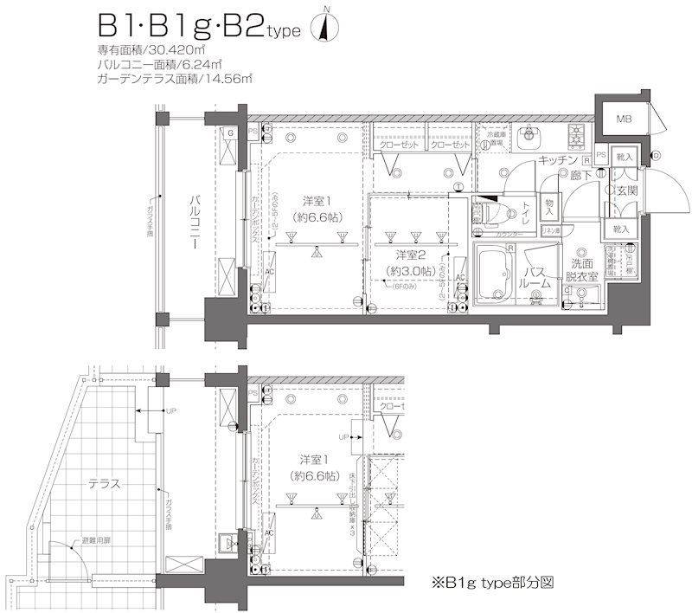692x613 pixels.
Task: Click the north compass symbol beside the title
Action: tap(326, 29)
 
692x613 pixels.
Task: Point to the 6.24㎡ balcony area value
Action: tap(203, 64)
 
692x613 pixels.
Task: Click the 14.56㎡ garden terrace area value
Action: tap(228, 79)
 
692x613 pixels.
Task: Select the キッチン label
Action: tap(558, 161)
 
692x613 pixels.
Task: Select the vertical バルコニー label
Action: tap(197, 223)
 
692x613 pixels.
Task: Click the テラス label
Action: tap(103, 485)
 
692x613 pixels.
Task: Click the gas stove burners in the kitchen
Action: tap(577, 135)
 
